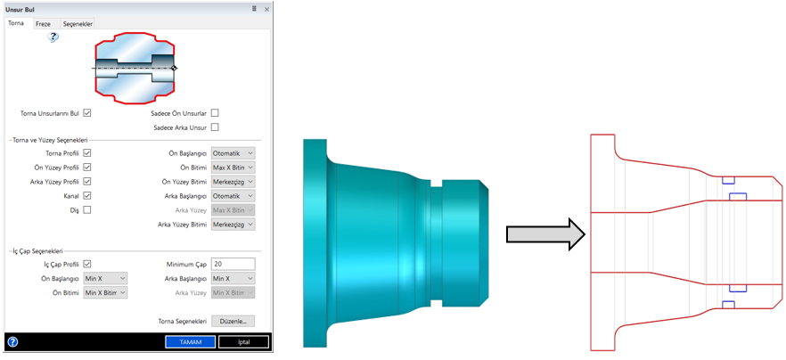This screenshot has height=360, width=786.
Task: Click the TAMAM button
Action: click(190, 342)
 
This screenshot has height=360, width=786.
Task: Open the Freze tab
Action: click(43, 24)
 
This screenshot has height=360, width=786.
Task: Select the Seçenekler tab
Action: click(78, 24)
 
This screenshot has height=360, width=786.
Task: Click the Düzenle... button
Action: click(233, 321)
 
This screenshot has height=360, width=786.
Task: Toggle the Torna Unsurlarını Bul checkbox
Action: click(87, 113)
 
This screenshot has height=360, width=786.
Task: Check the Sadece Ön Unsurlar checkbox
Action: click(215, 113)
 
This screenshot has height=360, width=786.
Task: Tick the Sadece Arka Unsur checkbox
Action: click(215, 127)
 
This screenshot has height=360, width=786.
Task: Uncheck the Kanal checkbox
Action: click(87, 195)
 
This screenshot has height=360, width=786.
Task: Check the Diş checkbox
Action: click(87, 209)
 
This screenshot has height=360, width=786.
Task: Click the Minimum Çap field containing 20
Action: click(233, 264)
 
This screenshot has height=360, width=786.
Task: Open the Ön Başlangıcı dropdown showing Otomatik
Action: click(233, 153)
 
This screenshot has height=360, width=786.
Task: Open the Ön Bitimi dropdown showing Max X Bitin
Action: click(233, 168)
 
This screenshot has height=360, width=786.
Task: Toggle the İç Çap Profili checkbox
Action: click(87, 264)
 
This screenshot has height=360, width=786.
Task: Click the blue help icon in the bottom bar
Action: click(12, 342)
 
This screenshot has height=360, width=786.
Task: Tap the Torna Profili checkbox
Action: click(87, 153)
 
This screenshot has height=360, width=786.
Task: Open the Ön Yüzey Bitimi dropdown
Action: click(233, 181)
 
